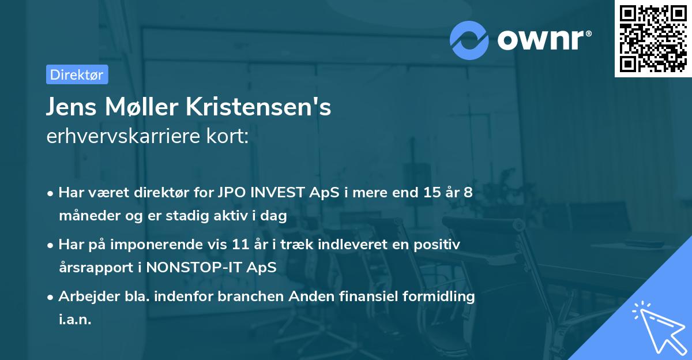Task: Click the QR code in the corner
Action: tap(653, 39)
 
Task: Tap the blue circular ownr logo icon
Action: tap(469, 40)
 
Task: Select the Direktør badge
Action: tap(77, 74)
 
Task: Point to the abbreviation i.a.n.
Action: tap(75, 320)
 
